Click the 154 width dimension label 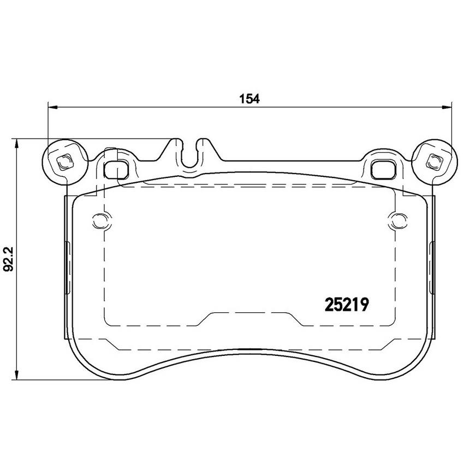(x=249, y=99)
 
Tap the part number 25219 (x=347, y=305)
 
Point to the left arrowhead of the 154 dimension (x=52, y=107)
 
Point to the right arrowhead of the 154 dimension (x=447, y=107)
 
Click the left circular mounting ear (x=65, y=162)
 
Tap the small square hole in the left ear (x=64, y=162)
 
